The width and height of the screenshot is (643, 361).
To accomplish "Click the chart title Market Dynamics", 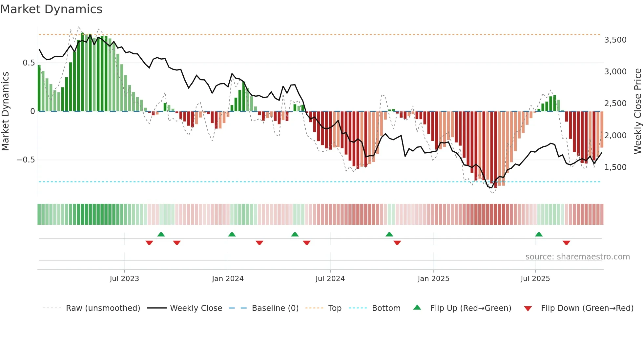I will pos(51,9).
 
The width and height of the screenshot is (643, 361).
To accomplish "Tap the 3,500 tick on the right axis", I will pos(615,40).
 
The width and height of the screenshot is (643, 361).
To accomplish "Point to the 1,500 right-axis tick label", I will pos(615,167).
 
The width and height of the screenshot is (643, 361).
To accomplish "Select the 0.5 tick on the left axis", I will pos(29,63).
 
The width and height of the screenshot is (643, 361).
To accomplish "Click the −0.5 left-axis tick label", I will pos(26,160).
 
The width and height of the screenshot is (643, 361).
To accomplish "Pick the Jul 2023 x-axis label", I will pos(124,279).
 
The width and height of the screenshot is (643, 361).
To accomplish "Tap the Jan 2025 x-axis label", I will pos(433,279).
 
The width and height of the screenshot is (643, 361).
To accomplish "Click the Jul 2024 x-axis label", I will pos(330,279).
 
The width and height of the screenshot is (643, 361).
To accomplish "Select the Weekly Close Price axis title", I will pos(637,111).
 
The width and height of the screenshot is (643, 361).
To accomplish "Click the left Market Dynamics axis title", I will pos(5,111).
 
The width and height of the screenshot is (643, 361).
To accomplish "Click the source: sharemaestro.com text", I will pos(577,257).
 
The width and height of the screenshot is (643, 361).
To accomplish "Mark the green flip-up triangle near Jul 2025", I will pos(539,235).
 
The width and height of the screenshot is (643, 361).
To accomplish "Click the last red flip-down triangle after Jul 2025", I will pos(566,243).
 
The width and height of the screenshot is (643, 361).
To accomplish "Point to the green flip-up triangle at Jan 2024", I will pos(232,235).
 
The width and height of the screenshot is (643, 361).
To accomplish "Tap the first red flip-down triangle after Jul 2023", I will pos(149,243).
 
